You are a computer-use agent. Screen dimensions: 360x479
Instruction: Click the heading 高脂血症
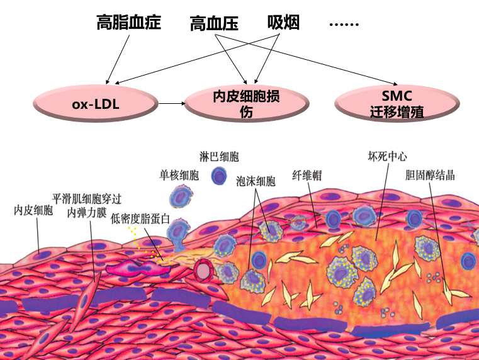click(128, 23)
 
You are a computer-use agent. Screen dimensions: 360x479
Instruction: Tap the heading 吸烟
click(283, 23)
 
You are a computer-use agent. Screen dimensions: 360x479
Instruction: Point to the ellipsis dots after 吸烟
click(344, 25)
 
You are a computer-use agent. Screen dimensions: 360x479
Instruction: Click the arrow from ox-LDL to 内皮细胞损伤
click(170, 103)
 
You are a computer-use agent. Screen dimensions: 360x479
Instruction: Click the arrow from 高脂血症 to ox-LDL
click(120, 59)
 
